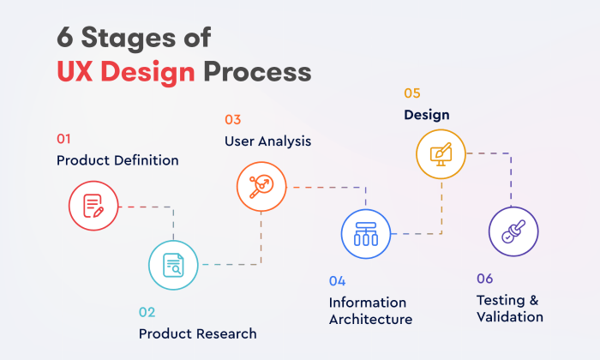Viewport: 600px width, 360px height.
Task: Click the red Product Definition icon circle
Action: tap(93, 206)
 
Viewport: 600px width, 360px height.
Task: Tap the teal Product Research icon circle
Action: tap(174, 265)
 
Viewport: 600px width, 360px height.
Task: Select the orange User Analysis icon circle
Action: tap(261, 186)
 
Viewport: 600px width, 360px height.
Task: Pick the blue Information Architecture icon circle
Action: tap(366, 233)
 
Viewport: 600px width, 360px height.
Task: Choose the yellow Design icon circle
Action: tap(441, 154)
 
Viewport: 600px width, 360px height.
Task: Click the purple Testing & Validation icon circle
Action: tap(513, 231)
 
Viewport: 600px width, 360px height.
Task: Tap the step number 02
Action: tap(147, 312)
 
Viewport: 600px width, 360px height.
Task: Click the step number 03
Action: tap(232, 119)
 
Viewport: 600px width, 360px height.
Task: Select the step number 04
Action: tap(337, 280)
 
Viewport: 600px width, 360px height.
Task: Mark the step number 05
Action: tap(412, 93)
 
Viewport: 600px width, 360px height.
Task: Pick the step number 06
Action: tap(485, 278)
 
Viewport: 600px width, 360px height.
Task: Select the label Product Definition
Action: tap(117, 160)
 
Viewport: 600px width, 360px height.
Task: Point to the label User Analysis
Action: tap(267, 141)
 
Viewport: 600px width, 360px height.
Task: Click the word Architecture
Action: tap(370, 319)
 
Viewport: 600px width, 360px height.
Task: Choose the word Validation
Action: tap(510, 316)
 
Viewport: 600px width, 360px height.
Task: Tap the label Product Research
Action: tap(197, 333)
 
